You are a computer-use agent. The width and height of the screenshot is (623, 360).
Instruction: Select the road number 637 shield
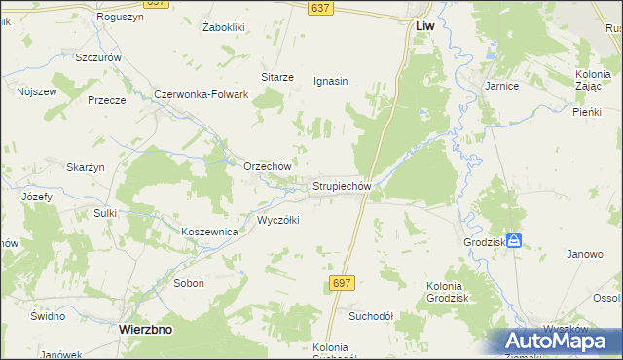click(319, 8)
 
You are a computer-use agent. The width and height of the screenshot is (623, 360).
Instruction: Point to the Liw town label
click(423, 27)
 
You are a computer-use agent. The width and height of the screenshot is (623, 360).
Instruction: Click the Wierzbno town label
click(145, 329)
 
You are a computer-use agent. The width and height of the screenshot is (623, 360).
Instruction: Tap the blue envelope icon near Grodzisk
click(514, 239)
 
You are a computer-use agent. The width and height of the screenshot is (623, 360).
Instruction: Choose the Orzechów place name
click(268, 166)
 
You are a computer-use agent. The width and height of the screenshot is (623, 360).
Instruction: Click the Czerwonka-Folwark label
click(202, 94)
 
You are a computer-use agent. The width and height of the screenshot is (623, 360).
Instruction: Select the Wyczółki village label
click(277, 220)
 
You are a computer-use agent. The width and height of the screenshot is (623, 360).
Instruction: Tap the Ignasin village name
click(331, 82)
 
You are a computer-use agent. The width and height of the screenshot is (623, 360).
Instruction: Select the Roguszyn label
click(121, 18)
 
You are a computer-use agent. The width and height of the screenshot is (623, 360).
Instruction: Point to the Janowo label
click(585, 254)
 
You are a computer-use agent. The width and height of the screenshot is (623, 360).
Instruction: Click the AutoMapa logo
click(565, 341)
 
